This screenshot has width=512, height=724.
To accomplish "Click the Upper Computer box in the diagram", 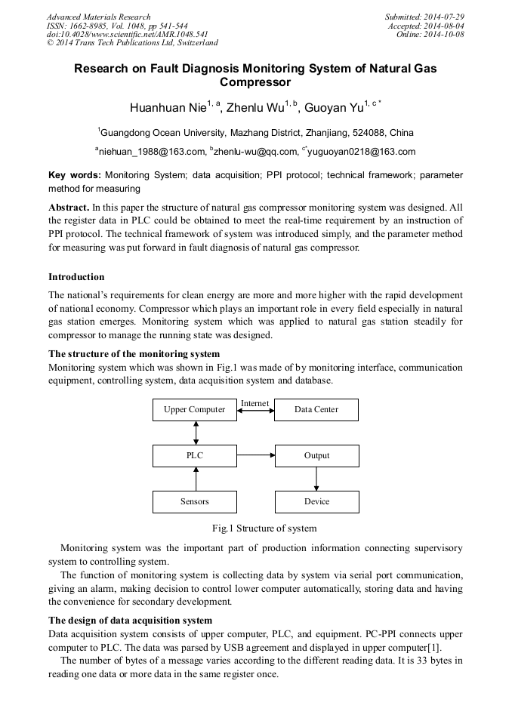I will (195, 410).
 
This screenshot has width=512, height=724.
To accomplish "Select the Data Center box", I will (316, 410).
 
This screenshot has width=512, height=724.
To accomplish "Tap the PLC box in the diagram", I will (195, 456).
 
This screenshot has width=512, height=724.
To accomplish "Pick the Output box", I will (316, 456).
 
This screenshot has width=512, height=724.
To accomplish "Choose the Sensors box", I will (195, 501).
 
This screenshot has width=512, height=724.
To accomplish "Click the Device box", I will (316, 501).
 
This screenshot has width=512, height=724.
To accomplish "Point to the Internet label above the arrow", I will (254, 403).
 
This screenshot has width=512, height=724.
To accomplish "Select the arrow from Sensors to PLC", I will (196, 479).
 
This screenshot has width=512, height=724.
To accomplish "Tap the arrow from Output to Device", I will (316, 479).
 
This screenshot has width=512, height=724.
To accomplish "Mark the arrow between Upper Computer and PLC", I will (196, 433).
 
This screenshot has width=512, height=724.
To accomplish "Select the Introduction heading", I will (76, 277).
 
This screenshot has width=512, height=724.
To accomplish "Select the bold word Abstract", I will (69, 207).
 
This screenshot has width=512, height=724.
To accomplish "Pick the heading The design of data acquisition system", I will (130, 621).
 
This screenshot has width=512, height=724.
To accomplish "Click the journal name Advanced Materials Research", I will (98, 17).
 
